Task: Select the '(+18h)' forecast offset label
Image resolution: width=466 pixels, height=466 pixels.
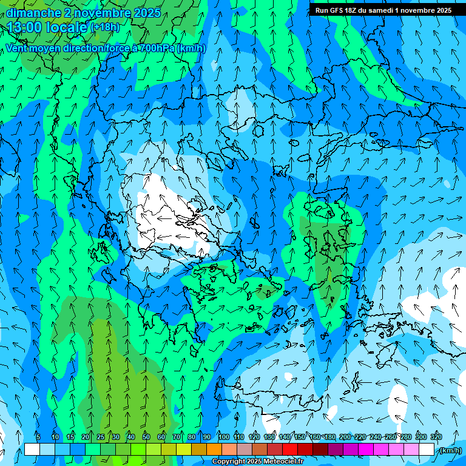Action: (x=105, y=27)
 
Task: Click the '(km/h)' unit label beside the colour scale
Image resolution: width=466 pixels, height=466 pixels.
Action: (x=449, y=450)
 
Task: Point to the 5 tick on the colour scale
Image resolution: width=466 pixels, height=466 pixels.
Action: (x=38, y=437)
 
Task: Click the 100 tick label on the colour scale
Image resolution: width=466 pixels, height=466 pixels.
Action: (x=224, y=437)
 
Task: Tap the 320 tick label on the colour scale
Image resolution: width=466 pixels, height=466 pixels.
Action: (x=436, y=437)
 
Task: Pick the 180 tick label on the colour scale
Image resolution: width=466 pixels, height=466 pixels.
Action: (x=329, y=437)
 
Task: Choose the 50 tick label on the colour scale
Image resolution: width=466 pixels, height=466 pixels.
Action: (x=146, y=437)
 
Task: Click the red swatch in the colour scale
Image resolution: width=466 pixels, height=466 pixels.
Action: (x=290, y=450)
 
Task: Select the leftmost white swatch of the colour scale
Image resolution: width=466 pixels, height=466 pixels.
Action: (x=32, y=450)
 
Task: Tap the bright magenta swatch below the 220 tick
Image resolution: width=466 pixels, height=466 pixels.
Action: (x=366, y=450)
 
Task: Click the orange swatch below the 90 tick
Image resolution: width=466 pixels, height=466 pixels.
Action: (x=214, y=450)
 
